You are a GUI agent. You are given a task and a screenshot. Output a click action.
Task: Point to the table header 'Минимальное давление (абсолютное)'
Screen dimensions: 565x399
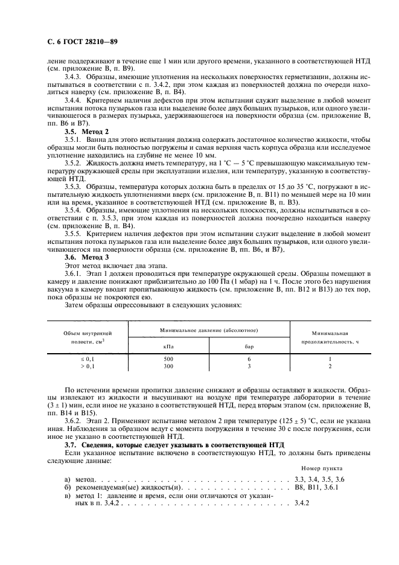point(209,331)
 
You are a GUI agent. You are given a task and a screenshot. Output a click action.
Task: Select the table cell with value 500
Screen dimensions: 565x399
point(168,359)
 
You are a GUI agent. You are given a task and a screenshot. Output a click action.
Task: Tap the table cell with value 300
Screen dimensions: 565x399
point(168,366)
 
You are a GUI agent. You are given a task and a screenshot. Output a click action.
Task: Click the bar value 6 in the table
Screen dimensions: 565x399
point(248,359)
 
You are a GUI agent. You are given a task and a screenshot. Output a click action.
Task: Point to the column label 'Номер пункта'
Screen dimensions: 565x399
point(321,468)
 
